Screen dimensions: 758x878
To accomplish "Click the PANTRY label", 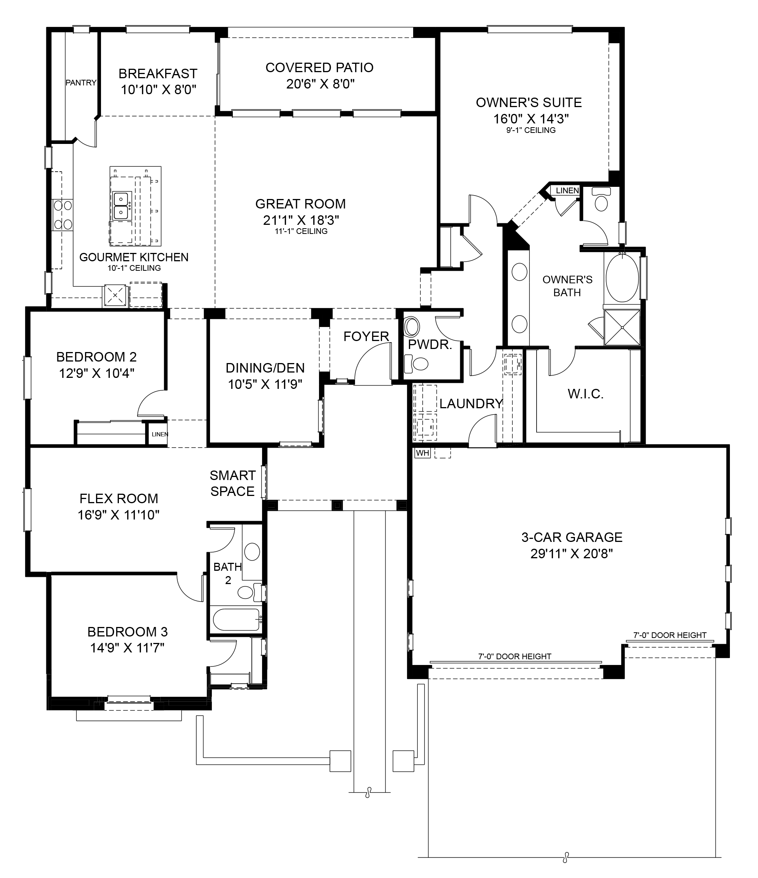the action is coord(81,83).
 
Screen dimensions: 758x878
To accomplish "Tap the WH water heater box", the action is coord(422,453).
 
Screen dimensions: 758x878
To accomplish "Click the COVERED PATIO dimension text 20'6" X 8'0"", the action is coord(320,84).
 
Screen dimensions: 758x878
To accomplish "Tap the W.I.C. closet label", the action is coord(586,394).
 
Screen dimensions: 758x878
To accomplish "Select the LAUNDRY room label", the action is coord(471,403).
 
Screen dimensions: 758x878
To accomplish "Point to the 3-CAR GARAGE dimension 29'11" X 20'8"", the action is coord(572,553).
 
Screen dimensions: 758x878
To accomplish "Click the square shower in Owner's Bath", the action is coord(622,327).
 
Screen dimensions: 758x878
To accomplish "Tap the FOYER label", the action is coord(366,336).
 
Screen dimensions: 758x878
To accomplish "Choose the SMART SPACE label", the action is coord(233,483).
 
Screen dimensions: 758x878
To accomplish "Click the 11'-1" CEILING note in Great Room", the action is coord(301,231).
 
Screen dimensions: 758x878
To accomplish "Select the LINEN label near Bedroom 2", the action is coord(160,434).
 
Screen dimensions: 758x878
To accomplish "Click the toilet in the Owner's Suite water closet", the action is coord(601,199).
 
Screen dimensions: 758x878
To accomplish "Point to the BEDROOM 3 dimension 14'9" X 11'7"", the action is coord(127,647).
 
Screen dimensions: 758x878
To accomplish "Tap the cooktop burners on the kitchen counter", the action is coord(62,215).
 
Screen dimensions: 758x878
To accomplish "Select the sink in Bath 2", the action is coord(253,552).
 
